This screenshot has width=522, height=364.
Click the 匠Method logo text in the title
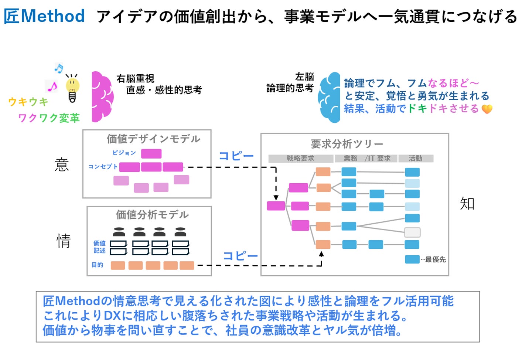click(x=44, y=16)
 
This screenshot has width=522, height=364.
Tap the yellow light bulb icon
click(x=72, y=89)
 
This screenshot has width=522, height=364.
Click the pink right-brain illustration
click(x=102, y=97)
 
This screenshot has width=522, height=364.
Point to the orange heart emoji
click(x=487, y=109)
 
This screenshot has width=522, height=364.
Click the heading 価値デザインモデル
click(x=153, y=139)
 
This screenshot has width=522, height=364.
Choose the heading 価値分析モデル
click(x=152, y=215)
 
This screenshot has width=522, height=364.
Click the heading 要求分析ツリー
click(x=347, y=144)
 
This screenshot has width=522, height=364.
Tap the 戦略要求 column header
click(x=300, y=159)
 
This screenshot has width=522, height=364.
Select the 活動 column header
click(x=415, y=159)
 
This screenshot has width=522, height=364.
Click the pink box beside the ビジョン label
click(x=151, y=153)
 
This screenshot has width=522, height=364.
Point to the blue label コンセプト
click(x=103, y=167)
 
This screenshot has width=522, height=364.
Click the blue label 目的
click(x=97, y=265)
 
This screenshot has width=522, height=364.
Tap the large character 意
click(x=62, y=164)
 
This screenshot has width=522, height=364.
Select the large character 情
click(x=64, y=241)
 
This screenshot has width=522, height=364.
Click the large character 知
click(x=467, y=204)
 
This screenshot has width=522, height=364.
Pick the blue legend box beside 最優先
click(x=412, y=259)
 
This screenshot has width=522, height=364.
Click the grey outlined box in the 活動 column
click(x=412, y=232)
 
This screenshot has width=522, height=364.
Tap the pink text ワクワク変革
click(x=49, y=118)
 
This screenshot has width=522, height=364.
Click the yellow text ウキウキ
click(x=28, y=102)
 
